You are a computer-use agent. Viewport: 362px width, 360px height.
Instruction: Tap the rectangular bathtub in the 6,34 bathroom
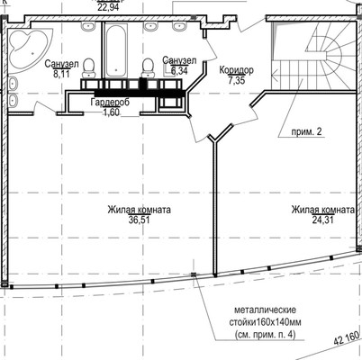[116, 50]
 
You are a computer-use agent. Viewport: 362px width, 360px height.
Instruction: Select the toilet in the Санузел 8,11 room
[88, 68]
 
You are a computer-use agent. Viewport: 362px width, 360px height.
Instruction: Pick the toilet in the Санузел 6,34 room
[147, 68]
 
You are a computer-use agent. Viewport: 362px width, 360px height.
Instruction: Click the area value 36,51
[139, 220]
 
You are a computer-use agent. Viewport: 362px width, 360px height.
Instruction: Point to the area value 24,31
[322, 220]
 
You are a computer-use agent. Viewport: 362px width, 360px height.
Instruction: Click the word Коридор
[237, 70]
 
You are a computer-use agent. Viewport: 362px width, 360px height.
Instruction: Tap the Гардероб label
[110, 103]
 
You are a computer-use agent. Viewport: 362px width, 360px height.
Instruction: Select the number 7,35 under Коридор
[237, 80]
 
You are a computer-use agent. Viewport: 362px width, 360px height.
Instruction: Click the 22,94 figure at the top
[108, 6]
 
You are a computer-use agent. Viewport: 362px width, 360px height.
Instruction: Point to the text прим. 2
[306, 132]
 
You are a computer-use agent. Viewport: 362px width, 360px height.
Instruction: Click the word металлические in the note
[265, 310]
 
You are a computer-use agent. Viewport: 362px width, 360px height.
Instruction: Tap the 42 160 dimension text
[346, 337]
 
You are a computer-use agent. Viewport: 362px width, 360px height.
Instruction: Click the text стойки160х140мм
[266, 322]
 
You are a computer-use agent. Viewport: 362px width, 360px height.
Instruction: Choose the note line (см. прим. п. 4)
[265, 335]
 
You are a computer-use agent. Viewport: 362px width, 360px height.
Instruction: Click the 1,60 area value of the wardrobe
[111, 112]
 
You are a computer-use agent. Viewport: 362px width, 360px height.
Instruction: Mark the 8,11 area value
[61, 74]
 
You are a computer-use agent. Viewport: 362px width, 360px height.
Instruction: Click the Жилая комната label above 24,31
[322, 210]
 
